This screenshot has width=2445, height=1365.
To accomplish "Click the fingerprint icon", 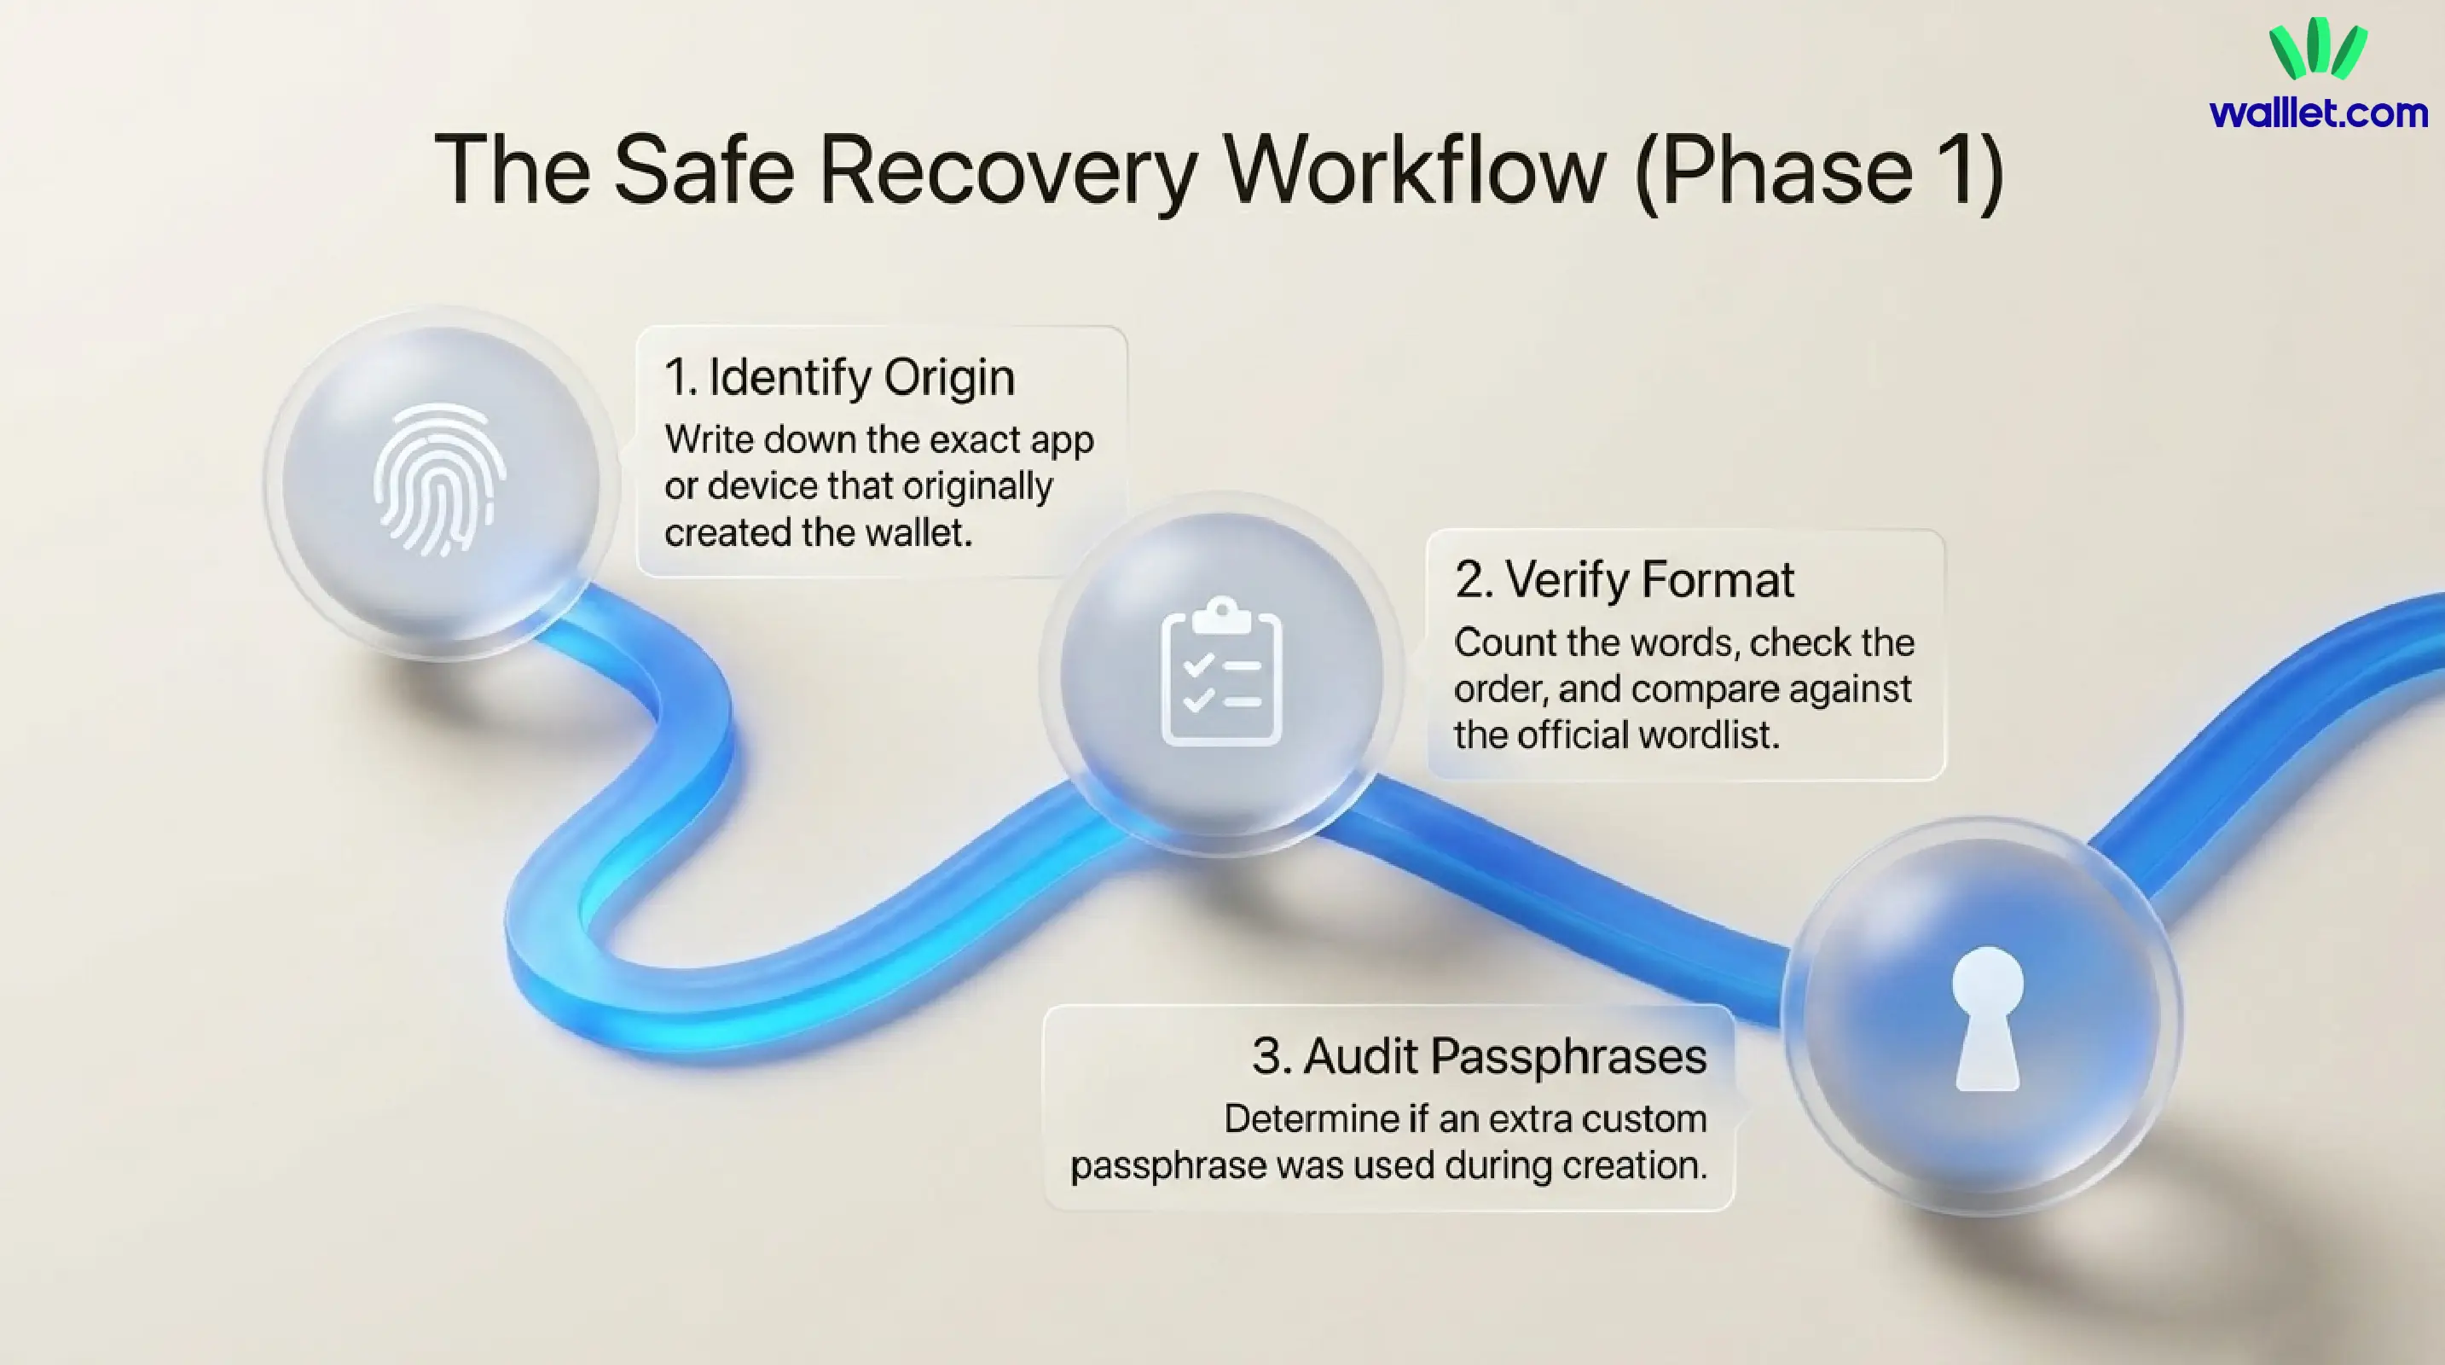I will point(438,479).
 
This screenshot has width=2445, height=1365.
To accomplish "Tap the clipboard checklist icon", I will point(1221,671).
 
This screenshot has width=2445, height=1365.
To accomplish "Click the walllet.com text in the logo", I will point(2318,113).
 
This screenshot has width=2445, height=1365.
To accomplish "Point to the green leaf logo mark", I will point(2317,49).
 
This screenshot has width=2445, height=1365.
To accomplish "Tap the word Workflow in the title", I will point(1414,171).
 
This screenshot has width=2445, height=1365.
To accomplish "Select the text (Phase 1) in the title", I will point(1818,171).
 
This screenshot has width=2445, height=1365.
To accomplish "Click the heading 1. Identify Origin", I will point(839,378).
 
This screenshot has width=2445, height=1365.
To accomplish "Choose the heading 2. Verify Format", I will point(1624,580).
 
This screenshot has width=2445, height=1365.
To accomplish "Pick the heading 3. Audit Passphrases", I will point(1479,1056).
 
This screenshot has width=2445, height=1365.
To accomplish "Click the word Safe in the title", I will point(704,171).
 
